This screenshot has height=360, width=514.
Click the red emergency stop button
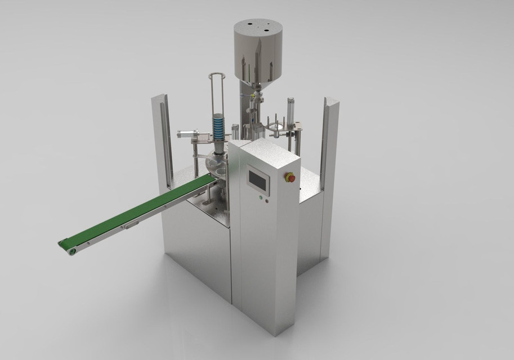coord(291,178)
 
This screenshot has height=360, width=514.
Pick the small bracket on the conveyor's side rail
coord(131,225)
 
